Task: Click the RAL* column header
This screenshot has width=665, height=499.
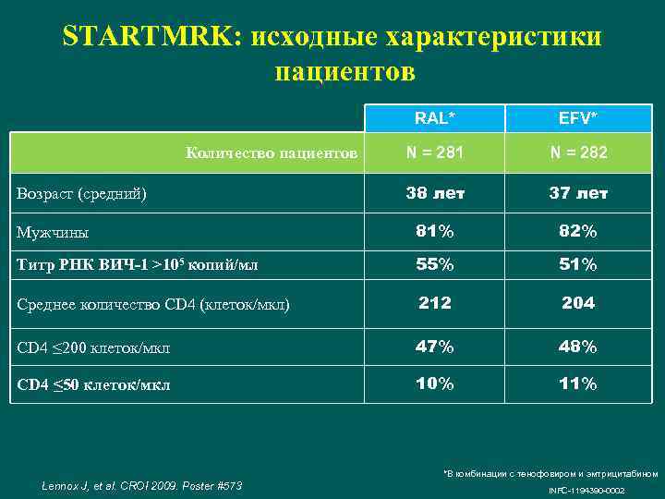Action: click(434, 117)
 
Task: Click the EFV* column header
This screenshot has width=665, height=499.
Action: click(577, 117)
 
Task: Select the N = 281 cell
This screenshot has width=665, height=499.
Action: click(434, 152)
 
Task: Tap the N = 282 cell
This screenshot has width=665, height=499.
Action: click(577, 152)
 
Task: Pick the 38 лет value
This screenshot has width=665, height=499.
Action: click(434, 193)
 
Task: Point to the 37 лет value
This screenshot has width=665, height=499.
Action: click(577, 193)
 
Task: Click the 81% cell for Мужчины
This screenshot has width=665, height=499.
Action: click(434, 231)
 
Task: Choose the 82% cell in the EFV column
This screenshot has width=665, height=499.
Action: click(577, 231)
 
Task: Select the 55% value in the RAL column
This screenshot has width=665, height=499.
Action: click(434, 264)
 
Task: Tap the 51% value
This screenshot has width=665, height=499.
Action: click(577, 264)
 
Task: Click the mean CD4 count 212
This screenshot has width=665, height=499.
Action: click(434, 303)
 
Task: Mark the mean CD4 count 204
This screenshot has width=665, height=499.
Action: click(577, 303)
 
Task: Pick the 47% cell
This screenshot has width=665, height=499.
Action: click(434, 347)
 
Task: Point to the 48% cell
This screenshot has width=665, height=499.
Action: click(577, 347)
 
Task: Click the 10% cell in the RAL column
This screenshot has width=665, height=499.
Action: click(434, 383)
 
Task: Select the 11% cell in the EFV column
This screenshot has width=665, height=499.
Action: click(577, 383)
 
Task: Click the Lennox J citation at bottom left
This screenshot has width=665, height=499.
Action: click(142, 485)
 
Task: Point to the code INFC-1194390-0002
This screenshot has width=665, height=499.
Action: click(587, 490)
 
